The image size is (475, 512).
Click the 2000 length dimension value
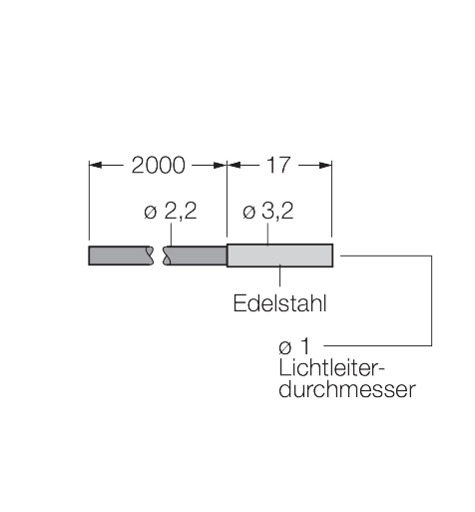point(159,165)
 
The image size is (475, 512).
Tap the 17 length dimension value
point(278,165)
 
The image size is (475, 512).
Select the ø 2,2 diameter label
point(171,211)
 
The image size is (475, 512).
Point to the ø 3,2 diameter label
point(268,211)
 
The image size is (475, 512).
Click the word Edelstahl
point(279,303)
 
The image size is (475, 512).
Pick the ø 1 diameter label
point(294,346)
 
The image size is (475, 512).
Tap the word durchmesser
point(347,388)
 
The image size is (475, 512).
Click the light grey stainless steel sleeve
point(279,256)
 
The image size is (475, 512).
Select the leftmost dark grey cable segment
point(120,256)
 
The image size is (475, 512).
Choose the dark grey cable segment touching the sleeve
point(196,256)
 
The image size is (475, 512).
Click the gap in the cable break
point(159,256)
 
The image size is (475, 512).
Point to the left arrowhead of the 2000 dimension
point(95,165)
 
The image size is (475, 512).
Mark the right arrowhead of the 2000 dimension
point(221,165)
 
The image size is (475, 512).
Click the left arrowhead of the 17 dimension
point(234,165)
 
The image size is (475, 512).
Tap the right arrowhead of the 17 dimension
point(325,165)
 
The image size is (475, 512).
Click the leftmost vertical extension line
point(89,200)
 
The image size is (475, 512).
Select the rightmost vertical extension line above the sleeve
point(332,199)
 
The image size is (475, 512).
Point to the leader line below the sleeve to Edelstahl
point(279,275)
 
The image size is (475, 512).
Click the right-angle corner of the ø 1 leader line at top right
point(432,256)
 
